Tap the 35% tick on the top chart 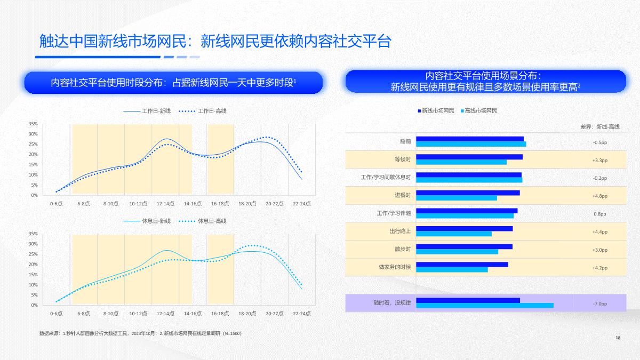click(x=33, y=124)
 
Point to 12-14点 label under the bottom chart click(x=165, y=314)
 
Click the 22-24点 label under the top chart click(x=301, y=203)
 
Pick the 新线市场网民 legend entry click(x=436, y=110)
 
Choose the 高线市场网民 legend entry click(x=478, y=110)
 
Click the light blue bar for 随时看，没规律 click(x=484, y=306)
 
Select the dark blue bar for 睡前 click(x=469, y=139)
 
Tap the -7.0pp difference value click(x=600, y=303)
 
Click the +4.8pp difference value click(x=600, y=196)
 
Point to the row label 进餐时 click(x=403, y=195)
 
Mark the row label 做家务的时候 click(x=395, y=267)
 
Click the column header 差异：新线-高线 click(x=600, y=126)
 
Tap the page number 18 click(x=618, y=338)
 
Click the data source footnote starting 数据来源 click(x=140, y=333)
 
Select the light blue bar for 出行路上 click(x=453, y=234)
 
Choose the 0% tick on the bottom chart click(x=34, y=305)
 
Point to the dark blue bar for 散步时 click(x=464, y=246)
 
